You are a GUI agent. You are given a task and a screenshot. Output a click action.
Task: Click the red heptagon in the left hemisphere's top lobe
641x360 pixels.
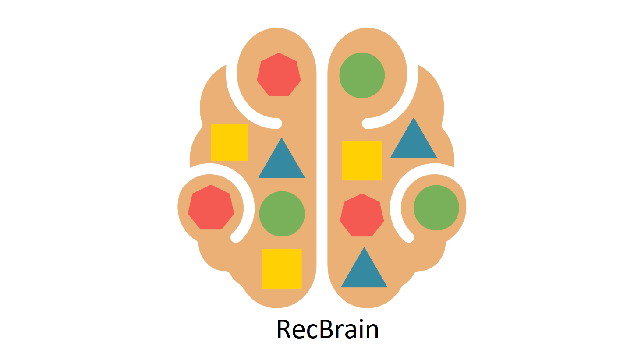coord(279,75)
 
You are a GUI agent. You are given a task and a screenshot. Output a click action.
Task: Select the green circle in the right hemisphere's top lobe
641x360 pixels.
coord(362,75)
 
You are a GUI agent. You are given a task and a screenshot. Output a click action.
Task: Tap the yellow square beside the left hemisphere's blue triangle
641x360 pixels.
coord(229,142)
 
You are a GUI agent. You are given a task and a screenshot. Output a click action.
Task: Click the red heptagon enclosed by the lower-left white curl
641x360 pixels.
coord(211,208)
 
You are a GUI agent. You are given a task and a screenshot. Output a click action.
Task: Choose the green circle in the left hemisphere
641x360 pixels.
coord(282,214)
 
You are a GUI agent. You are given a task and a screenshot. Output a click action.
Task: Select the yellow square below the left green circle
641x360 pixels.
coord(282,268)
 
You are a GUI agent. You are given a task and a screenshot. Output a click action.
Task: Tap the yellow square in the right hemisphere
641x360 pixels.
coord(362,160)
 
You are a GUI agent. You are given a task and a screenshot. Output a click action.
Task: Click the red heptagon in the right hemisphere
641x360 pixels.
coord(362,216)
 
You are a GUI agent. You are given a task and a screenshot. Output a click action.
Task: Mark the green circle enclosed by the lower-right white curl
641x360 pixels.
coord(436,208)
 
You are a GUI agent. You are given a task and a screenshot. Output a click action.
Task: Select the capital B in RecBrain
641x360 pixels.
coord(326,329)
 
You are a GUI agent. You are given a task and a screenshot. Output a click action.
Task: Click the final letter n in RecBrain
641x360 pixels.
coord(372,332)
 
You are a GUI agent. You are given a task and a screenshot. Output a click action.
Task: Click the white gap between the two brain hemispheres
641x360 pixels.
coord(322,175)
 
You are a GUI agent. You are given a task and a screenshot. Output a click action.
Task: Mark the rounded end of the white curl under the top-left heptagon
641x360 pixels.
coord(277,124)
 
